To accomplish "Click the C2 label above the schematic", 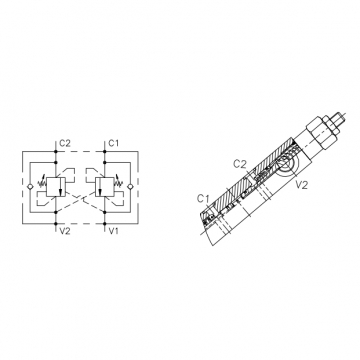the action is pyautogui.click(x=65, y=143).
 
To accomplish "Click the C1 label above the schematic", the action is pyautogui.click(x=114, y=143).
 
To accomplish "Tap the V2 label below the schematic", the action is pyautogui.click(x=65, y=231).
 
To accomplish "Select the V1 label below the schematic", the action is pyautogui.click(x=114, y=231).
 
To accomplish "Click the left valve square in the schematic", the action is pyautogui.click(x=56, y=187).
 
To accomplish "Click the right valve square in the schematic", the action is pyautogui.click(x=104, y=187).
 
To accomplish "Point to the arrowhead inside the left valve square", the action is pyautogui.click(x=60, y=193).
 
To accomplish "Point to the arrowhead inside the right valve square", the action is pyautogui.click(x=100, y=193).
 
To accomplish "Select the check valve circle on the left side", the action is pyautogui.click(x=30, y=187).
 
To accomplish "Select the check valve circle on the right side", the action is pyautogui.click(x=130, y=187).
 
